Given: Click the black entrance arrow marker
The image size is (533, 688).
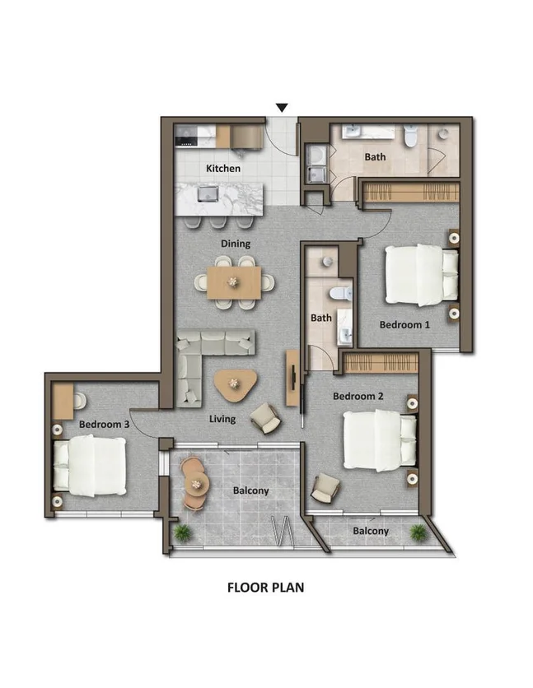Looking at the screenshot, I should tap(282, 108).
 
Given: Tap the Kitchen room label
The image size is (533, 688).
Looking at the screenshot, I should tap(223, 169).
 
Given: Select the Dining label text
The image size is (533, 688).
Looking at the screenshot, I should tap(236, 244).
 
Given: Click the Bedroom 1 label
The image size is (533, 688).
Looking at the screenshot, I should tap(404, 324).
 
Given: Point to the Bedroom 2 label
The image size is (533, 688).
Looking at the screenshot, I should tap(358, 396).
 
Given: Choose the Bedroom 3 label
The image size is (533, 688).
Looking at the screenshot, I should tap(104, 425).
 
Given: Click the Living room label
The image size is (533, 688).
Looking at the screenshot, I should tap(222, 419).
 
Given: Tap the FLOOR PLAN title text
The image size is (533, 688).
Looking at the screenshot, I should tap(266, 588).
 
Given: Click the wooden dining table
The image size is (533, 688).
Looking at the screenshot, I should tap(234, 281).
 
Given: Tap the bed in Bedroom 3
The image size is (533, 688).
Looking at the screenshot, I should tap(91, 466).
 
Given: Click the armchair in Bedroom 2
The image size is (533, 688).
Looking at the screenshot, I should tap(325, 490).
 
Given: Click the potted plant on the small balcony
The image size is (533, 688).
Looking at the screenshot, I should tap(418, 532).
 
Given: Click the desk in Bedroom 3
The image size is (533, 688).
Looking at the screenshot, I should tap(63, 402).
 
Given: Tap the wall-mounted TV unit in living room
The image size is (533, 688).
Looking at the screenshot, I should tap(292, 378).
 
